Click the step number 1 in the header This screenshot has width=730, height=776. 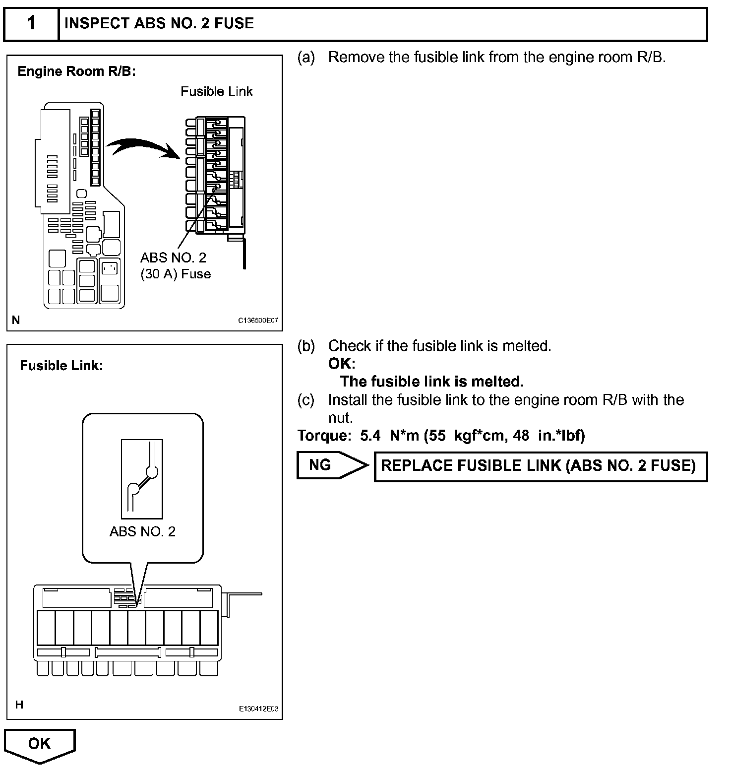click(x=31, y=23)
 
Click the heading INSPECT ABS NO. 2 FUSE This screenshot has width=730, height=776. click(x=159, y=23)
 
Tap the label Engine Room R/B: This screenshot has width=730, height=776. click(x=76, y=71)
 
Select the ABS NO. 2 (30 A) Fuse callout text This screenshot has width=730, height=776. click(x=175, y=266)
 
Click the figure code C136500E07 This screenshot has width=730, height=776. click(x=258, y=321)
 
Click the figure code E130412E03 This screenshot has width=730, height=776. click(x=258, y=709)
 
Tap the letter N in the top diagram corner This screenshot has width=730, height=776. click(x=16, y=320)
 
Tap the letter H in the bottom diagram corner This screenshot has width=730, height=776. click(x=19, y=705)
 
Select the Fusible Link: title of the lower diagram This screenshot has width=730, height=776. click(x=61, y=366)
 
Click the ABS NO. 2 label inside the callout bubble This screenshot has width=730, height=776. click(x=142, y=531)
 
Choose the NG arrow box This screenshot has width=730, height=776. click(x=331, y=465)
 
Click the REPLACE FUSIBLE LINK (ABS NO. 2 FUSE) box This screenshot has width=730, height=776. click(x=540, y=466)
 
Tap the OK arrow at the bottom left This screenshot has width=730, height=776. click(x=39, y=745)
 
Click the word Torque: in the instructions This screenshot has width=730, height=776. click(x=324, y=436)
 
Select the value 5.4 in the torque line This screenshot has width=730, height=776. click(x=370, y=436)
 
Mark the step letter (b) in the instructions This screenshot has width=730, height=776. click(x=306, y=346)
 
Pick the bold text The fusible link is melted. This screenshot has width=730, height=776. click(x=432, y=382)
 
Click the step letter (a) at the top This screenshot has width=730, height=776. click(x=306, y=58)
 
